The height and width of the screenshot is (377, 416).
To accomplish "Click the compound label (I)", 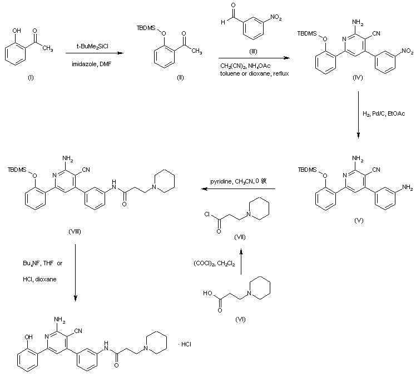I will pyautogui.click(x=31, y=76).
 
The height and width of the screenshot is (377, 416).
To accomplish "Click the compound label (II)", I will pyautogui.click(x=165, y=76).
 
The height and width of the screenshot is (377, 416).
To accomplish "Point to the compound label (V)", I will pyautogui.click(x=359, y=221).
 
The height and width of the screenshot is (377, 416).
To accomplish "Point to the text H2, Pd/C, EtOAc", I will pyautogui.click(x=383, y=113).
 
